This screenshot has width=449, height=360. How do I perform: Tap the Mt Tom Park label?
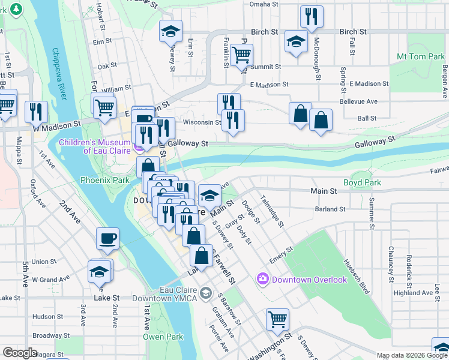pos(420,57)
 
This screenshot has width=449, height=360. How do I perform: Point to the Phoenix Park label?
pos(105,179)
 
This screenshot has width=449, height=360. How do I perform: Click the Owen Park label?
pos(163,337)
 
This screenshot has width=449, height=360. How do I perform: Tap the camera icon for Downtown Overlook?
pos(263,279)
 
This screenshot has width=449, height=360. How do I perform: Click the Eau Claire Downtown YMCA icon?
pos(206,292)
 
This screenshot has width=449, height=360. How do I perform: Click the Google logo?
pos(20,353)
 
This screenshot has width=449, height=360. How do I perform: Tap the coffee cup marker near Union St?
pos(107,239)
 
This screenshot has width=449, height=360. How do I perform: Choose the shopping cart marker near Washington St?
pos(277,319)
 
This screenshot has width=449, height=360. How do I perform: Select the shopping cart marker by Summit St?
pos(241,56)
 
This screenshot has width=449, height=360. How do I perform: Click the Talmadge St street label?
pos(271,211)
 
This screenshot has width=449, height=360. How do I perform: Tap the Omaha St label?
pos(264,4)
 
